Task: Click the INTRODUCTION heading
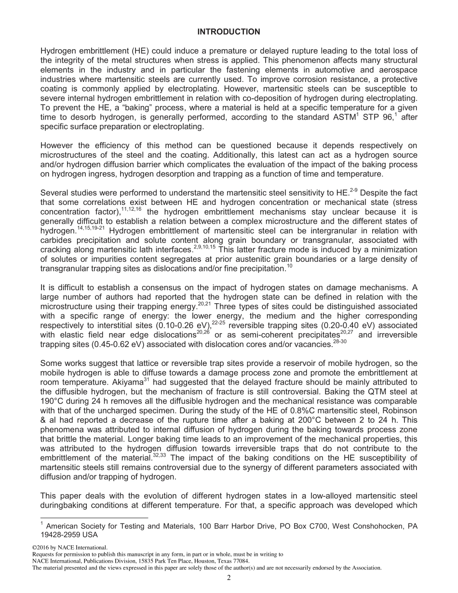[x=229, y=32]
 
